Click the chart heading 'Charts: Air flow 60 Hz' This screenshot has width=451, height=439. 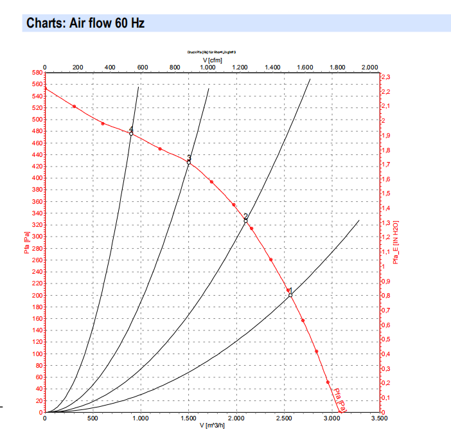(x=85, y=24)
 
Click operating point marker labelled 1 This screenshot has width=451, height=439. (x=290, y=295)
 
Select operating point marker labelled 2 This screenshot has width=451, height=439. (x=245, y=221)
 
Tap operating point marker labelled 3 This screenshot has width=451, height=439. (x=189, y=163)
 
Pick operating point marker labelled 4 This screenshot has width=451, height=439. (x=131, y=134)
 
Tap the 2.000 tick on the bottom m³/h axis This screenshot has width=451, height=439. (x=236, y=418)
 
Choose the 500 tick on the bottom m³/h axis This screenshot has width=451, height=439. (x=93, y=418)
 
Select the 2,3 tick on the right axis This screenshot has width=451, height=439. (x=386, y=77)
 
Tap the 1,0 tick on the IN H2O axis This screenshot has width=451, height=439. (x=385, y=267)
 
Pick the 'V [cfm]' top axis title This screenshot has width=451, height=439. (x=213, y=60)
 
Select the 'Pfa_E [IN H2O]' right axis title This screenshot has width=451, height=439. (x=396, y=242)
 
